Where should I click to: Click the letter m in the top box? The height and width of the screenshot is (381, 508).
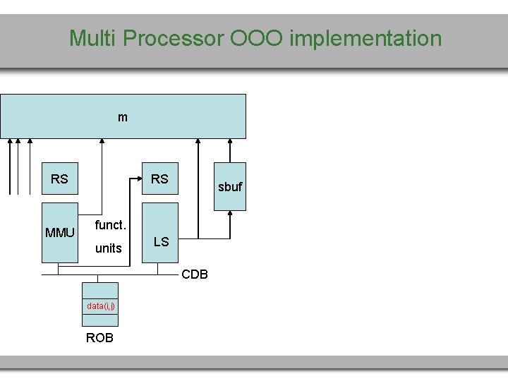click(123, 117)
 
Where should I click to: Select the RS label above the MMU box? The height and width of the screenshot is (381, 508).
click(59, 179)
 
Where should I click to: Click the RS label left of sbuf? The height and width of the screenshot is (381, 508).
click(159, 179)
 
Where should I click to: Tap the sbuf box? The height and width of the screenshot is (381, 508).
click(230, 186)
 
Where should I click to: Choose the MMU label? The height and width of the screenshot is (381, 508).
click(59, 233)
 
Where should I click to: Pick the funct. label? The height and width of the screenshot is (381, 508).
click(110, 225)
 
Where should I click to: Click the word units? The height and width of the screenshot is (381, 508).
click(109, 248)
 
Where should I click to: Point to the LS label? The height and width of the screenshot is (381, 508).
click(161, 242)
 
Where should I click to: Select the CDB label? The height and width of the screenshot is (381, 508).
click(195, 274)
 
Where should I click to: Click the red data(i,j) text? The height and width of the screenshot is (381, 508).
click(101, 306)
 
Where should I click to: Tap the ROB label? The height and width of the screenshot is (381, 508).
click(99, 338)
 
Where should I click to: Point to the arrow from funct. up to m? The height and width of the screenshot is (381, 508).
click(103, 169)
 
